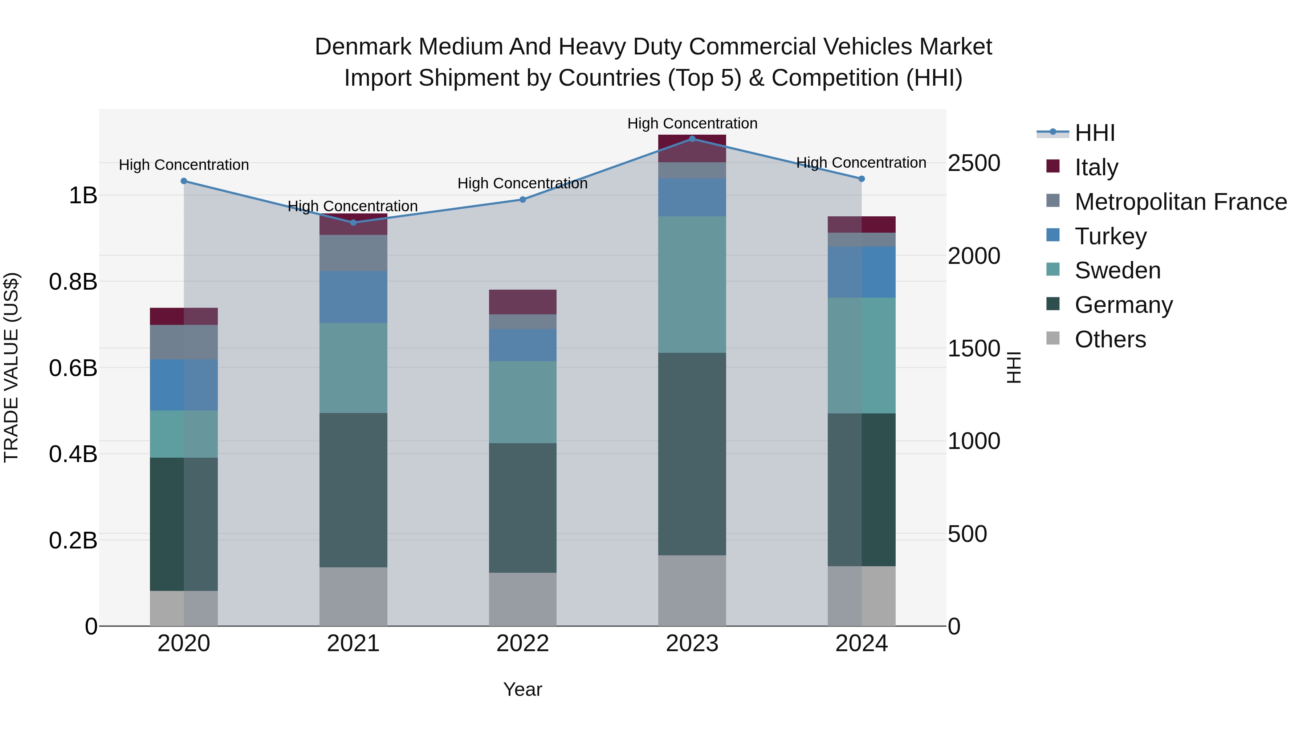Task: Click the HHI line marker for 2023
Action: pyautogui.click(x=692, y=139)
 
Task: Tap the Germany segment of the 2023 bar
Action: pyautogui.click(x=692, y=454)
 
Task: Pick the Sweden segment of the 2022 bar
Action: pyautogui.click(x=522, y=402)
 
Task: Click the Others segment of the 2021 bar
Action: pyautogui.click(x=353, y=596)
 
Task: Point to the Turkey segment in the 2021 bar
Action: pyautogui.click(x=353, y=297)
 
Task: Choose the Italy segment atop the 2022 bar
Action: pyautogui.click(x=522, y=302)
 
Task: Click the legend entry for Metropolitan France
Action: pyautogui.click(x=1180, y=202)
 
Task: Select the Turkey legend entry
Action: pyautogui.click(x=1110, y=236)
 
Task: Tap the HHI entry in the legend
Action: pyautogui.click(x=1094, y=133)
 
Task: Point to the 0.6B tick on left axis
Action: pyautogui.click(x=73, y=368)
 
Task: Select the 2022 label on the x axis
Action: pyautogui.click(x=522, y=644)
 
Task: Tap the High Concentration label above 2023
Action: pyautogui.click(x=692, y=123)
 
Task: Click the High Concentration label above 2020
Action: pyautogui.click(x=184, y=165)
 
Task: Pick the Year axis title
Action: pyautogui.click(x=522, y=689)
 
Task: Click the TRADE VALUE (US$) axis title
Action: pyautogui.click(x=11, y=368)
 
